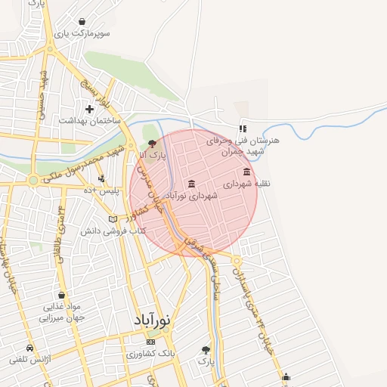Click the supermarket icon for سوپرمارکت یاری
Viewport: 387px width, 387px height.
click(x=81, y=21)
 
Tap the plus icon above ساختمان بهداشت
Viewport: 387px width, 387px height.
click(x=89, y=109)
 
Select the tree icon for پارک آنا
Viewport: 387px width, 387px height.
click(x=153, y=142)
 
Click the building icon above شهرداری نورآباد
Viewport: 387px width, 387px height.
click(x=190, y=184)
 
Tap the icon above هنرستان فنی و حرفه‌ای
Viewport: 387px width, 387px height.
click(x=243, y=128)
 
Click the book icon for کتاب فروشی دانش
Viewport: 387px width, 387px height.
click(x=113, y=219)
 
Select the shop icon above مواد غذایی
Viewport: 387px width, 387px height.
click(x=61, y=295)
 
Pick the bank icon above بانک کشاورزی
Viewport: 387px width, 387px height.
click(x=150, y=342)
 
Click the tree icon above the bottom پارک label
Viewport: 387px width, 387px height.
click(x=206, y=350)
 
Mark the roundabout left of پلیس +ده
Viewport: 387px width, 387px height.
click(x=33, y=181)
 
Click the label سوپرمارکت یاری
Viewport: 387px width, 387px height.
click(x=86, y=34)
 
